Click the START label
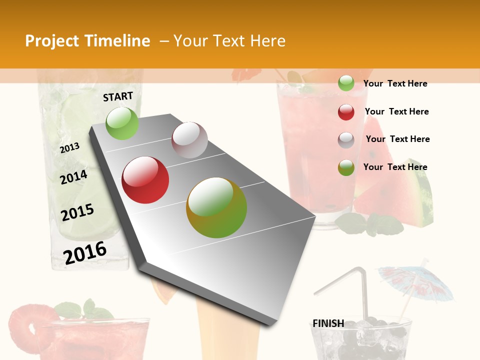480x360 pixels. [x=118, y=96]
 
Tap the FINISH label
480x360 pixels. [x=328, y=323]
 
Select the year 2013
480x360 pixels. [x=70, y=148]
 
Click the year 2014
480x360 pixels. [x=74, y=177]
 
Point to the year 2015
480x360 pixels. [x=77, y=212]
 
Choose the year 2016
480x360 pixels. [x=85, y=252]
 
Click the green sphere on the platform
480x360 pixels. [x=122, y=123]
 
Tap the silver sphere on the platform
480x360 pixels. [x=189, y=140]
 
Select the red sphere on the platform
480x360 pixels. [x=145, y=180]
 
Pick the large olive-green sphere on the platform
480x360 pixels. [x=216, y=207]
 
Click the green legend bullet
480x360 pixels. [x=346, y=83]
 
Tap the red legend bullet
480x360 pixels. [x=346, y=112]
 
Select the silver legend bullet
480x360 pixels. [x=346, y=140]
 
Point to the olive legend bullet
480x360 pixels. [x=346, y=167]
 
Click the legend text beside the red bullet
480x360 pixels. [x=396, y=111]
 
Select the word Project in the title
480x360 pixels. [x=52, y=41]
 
